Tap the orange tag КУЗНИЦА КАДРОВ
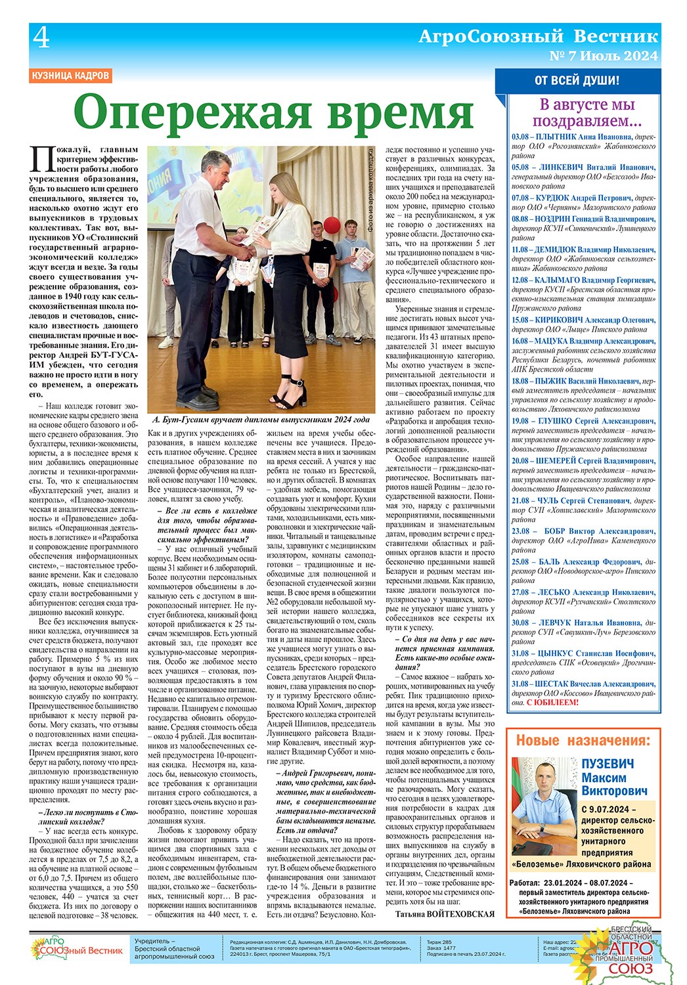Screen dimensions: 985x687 pos(71,76)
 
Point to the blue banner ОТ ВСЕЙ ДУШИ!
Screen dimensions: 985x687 pos(577,81)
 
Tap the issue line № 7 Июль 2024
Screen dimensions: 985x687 pos(603,56)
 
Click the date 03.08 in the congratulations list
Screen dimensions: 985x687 pos(520,138)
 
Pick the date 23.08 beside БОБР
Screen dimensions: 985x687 pos(520,531)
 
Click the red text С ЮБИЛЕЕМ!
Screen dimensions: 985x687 pos(553,703)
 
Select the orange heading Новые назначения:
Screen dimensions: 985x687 pos(583,741)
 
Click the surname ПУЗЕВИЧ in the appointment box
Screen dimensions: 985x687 pos(608,764)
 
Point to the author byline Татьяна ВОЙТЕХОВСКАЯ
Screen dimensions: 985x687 pos(444,913)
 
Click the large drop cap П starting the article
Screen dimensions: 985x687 pos(41,160)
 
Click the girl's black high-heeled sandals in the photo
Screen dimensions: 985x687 pos(294,393)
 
